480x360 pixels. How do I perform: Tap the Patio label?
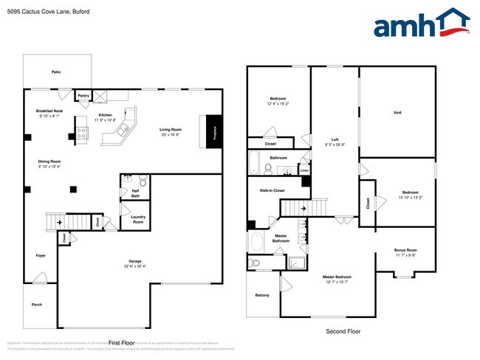point(56,73)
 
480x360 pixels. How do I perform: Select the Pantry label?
point(83,95)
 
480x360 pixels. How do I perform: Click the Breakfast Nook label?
point(49,111)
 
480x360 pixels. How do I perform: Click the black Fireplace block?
point(215,132)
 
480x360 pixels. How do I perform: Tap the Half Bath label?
point(135,193)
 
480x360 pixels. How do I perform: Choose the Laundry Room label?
point(138,219)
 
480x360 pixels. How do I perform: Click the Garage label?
point(135,261)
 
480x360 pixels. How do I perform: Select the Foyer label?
point(41,255)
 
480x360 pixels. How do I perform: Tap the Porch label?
point(37,304)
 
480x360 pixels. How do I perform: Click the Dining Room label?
point(49,161)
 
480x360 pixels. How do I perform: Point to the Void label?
point(397,113)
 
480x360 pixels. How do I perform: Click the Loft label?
point(334,139)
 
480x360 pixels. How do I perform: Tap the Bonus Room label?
point(405,250)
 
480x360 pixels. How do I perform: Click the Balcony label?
point(262,295)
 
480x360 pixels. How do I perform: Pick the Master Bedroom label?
point(337,277)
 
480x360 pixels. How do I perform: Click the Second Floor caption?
point(343,332)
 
